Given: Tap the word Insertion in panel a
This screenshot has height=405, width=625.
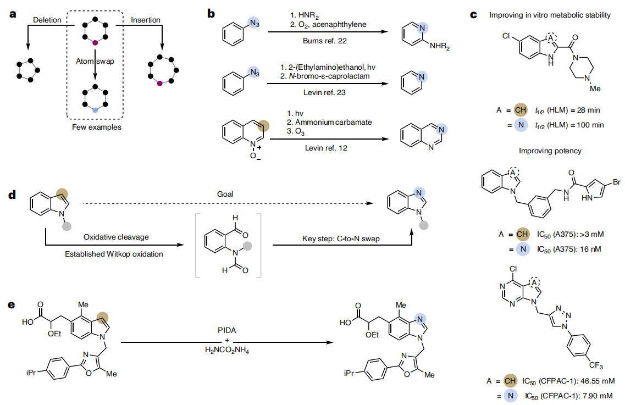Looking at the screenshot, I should pyautogui.click(x=146, y=20).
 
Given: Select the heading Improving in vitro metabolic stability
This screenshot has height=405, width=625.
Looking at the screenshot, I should pyautogui.click(x=550, y=15).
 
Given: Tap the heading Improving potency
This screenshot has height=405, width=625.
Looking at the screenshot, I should pyautogui.click(x=550, y=151).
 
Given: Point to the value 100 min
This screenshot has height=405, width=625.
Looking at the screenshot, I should pyautogui.click(x=589, y=125).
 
